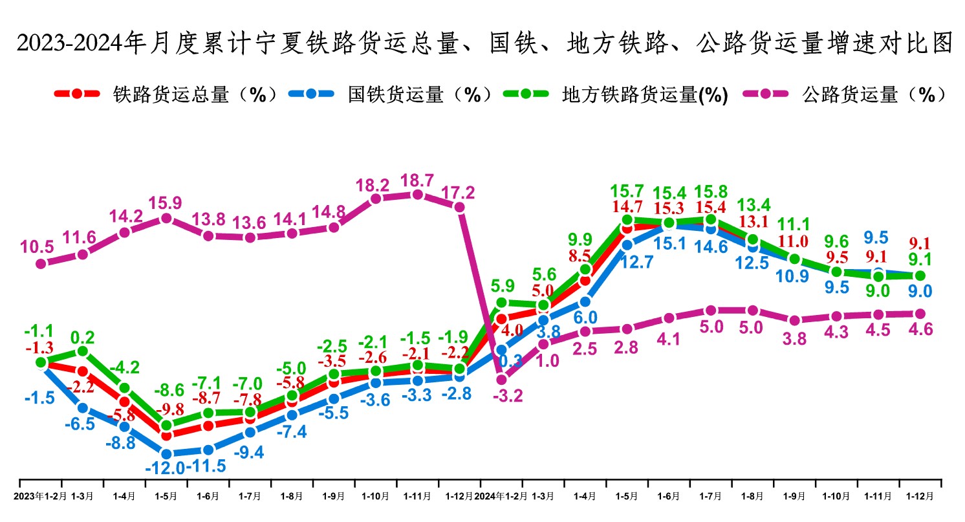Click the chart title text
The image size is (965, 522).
pos(483,44)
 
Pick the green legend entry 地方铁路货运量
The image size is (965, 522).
pos(645,95)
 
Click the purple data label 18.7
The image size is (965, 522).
pos(417,179)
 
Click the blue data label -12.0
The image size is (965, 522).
pos(164,468)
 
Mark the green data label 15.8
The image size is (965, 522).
pos(710,192)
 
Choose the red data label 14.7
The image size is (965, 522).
pos(627,207)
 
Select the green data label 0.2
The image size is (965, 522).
pos(83,337)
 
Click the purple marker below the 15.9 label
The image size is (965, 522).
pos(166,219)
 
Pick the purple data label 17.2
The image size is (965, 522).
pos(459,192)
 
